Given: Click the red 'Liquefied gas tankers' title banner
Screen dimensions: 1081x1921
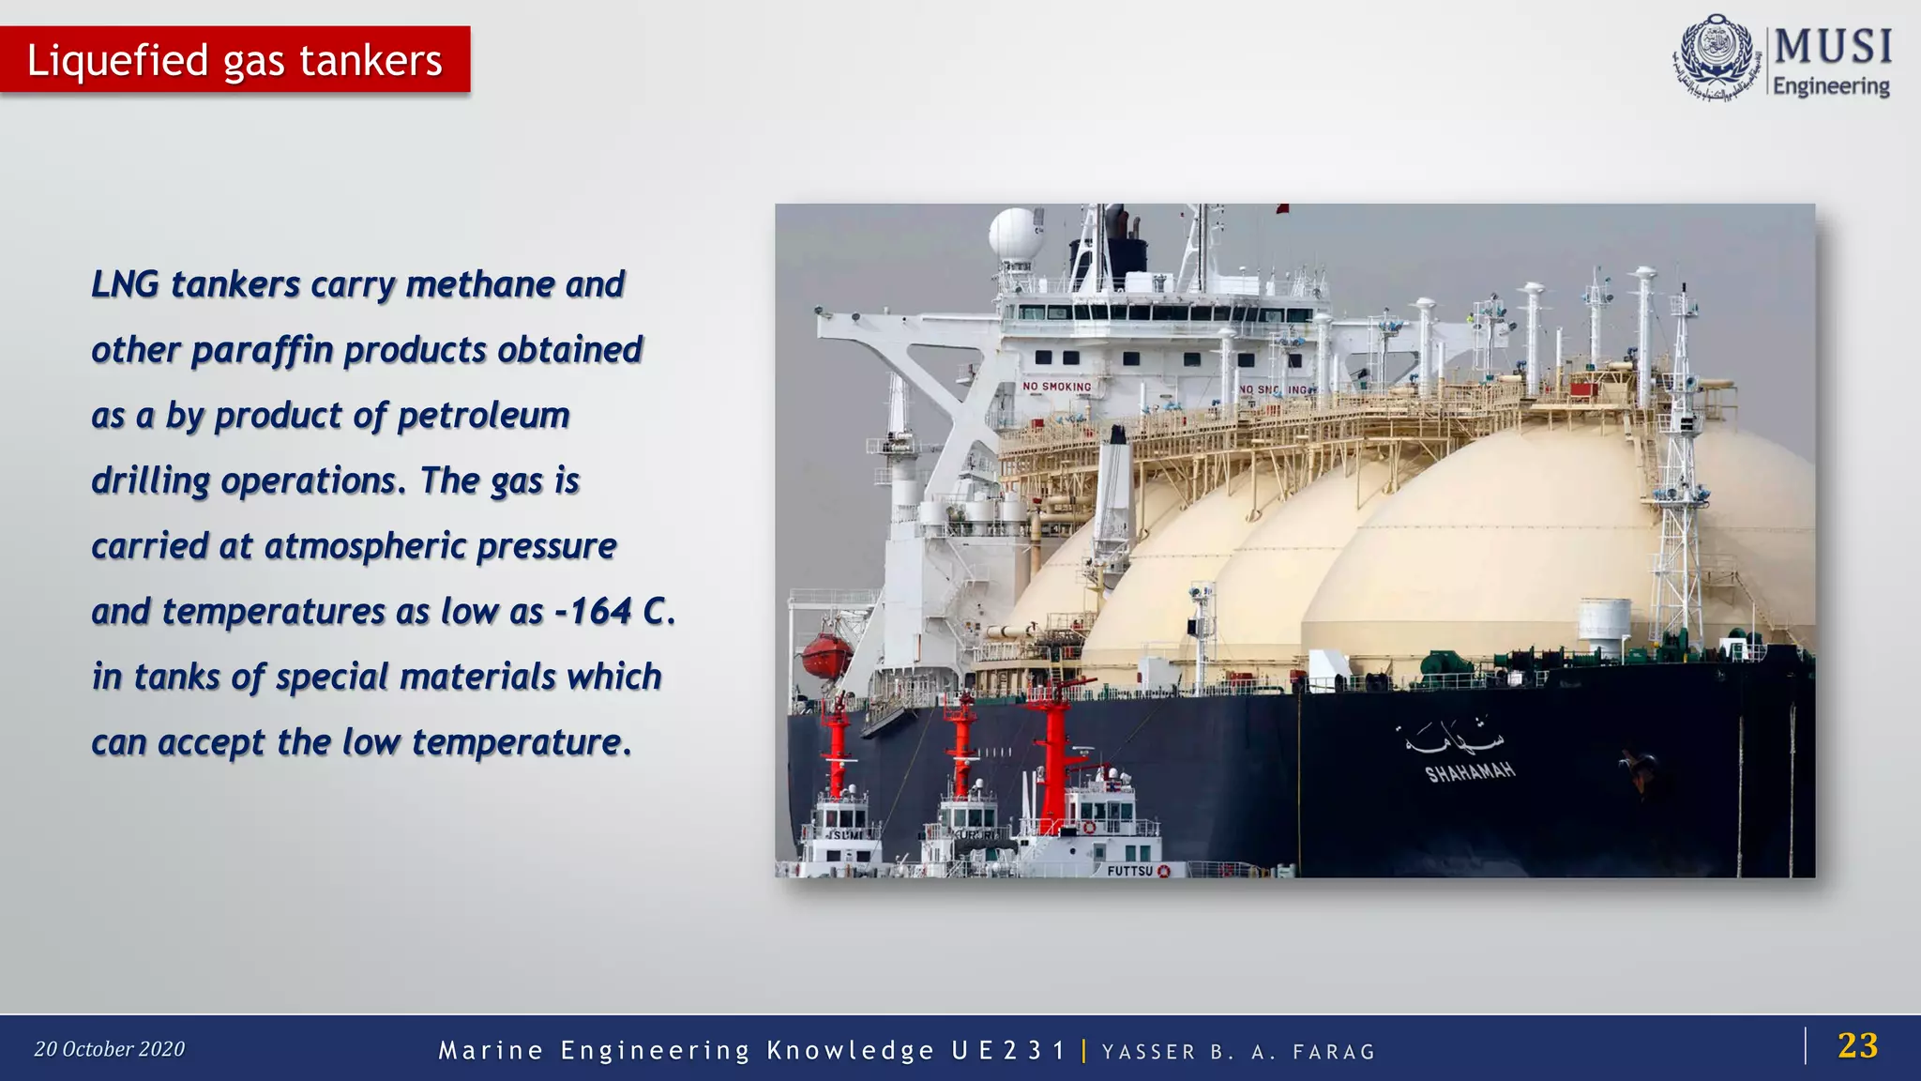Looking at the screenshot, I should pyautogui.click(x=234, y=60).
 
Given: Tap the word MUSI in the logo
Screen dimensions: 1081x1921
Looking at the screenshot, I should pyautogui.click(x=1833, y=47).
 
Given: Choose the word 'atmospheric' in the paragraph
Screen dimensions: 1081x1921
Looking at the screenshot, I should pyautogui.click(x=365, y=546).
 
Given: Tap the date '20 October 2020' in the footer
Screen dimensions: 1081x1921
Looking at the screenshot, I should pyautogui.click(x=110, y=1049).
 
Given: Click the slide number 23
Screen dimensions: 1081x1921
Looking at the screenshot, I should pyautogui.click(x=1857, y=1045).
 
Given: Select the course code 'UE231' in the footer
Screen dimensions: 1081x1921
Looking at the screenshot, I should pyautogui.click(x=1008, y=1050).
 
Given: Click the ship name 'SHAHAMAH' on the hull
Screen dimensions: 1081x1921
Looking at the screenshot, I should pyautogui.click(x=1470, y=771).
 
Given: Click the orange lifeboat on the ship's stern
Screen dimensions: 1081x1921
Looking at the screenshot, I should pyautogui.click(x=826, y=654).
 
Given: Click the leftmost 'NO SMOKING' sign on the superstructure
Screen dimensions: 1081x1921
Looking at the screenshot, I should pyautogui.click(x=1057, y=387).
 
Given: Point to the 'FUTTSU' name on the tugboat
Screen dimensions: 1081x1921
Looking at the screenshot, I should pyautogui.click(x=1129, y=871).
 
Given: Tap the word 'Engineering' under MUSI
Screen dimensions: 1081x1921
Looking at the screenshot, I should pyautogui.click(x=1831, y=86).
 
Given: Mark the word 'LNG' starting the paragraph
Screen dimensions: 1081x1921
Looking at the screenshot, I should pyautogui.click(x=125, y=284).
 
